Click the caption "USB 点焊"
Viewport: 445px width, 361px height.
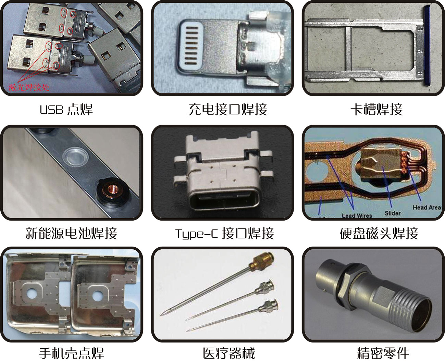click(66, 109)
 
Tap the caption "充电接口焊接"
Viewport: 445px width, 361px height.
click(228, 109)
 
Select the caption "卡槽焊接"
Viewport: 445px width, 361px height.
click(377, 109)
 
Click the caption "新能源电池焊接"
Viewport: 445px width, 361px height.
click(71, 233)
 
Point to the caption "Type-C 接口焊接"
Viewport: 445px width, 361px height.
click(225, 233)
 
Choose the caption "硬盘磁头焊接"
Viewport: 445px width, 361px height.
click(379, 233)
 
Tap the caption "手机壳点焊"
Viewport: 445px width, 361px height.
click(72, 353)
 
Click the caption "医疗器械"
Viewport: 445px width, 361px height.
click(229, 353)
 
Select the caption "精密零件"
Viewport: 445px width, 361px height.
click(383, 353)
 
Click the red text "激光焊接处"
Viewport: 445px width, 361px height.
click(29, 87)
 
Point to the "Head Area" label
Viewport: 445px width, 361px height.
click(427, 208)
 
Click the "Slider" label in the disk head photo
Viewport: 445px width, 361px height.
click(393, 213)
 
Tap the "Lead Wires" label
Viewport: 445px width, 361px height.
click(357, 215)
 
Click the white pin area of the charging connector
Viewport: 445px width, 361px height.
click(191, 46)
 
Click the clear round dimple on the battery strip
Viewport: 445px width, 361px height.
click(75, 156)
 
